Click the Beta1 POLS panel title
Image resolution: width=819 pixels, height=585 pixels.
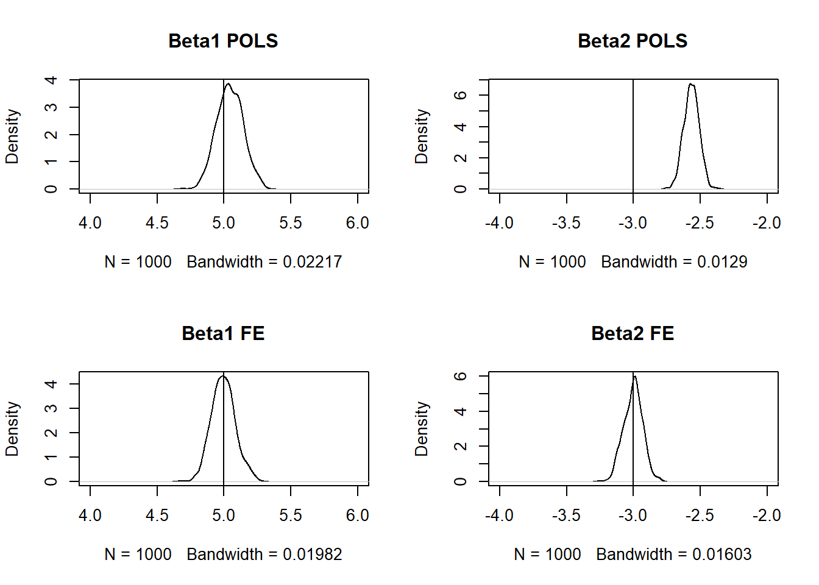(x=223, y=41)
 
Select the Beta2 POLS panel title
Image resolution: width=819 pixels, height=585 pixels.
(x=633, y=41)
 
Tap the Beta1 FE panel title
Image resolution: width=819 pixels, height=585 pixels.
(x=223, y=333)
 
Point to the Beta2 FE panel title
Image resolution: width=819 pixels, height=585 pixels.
(x=633, y=333)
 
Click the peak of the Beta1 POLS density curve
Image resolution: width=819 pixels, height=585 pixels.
(x=229, y=84)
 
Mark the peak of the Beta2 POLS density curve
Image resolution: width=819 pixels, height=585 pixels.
(x=691, y=84)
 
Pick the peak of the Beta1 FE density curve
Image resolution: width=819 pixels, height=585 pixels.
(x=223, y=376)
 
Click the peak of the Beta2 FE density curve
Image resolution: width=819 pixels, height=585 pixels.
(x=634, y=376)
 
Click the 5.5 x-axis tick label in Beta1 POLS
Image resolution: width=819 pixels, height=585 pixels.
(x=291, y=223)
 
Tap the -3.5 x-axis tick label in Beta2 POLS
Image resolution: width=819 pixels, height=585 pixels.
(x=566, y=223)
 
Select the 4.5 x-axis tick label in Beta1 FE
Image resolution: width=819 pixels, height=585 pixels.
(x=157, y=516)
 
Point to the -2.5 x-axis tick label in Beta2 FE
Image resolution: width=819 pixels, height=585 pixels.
(x=700, y=516)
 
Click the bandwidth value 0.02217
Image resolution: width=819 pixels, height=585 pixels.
(x=312, y=262)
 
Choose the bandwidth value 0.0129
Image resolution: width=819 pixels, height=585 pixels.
(x=722, y=262)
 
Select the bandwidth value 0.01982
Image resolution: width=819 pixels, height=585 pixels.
(x=312, y=555)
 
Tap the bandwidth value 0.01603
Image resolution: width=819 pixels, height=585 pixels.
(x=722, y=555)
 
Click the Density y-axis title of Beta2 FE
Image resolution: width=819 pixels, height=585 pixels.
(x=422, y=428)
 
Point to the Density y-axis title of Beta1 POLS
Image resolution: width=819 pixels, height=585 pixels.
(x=12, y=136)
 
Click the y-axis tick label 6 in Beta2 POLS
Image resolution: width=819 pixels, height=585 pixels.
(x=461, y=95)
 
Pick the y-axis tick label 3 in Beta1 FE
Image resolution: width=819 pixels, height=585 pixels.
(x=52, y=408)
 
